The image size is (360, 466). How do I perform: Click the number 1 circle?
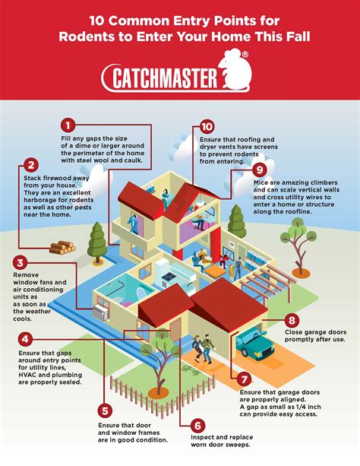(68, 125)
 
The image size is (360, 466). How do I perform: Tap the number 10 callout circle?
(207, 127)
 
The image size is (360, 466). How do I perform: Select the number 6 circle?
(197, 426)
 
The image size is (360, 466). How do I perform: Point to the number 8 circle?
(292, 320)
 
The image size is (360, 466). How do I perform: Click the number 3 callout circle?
(21, 263)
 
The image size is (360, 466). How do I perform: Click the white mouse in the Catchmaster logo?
(235, 70)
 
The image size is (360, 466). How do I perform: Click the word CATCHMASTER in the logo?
(165, 78)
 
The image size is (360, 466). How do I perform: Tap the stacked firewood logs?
(62, 247)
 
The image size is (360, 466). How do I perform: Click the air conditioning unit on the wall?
(101, 312)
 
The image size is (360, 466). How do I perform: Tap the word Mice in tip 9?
(261, 182)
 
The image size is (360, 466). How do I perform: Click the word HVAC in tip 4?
(27, 375)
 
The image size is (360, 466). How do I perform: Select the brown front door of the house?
(175, 329)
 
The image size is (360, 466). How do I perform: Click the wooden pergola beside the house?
(267, 281)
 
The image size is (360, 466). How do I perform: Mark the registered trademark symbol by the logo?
(245, 55)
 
